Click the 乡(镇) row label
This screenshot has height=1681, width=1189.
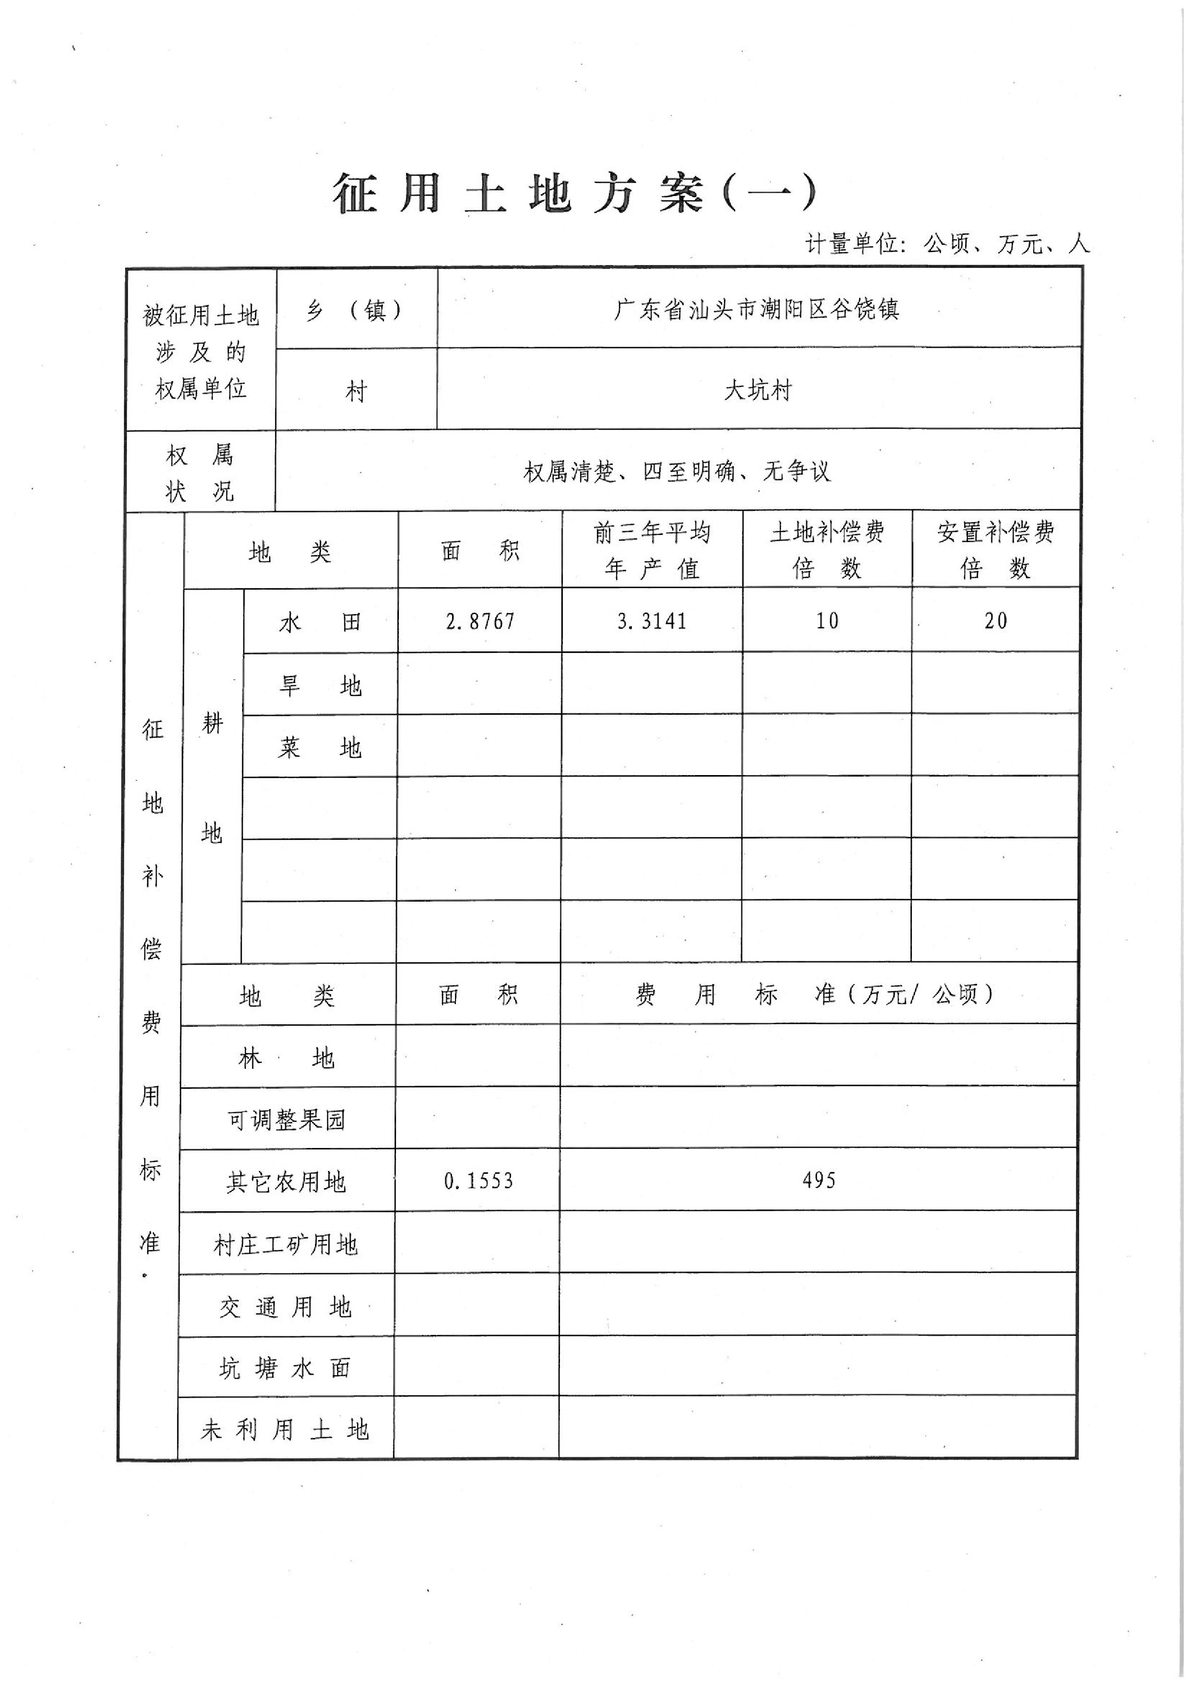(356, 311)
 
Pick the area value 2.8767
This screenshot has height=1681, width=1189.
(480, 622)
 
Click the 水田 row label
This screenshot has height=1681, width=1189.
(320, 622)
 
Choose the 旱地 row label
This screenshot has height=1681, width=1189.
(320, 685)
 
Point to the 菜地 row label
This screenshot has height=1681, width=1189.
(320, 748)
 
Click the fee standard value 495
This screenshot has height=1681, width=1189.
(818, 1180)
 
